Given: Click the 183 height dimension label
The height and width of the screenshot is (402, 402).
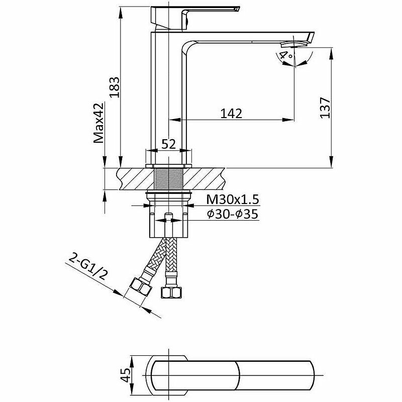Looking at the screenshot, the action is click(115, 87).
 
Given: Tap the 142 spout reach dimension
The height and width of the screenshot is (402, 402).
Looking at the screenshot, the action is click(231, 114).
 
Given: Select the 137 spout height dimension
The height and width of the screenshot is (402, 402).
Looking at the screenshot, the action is click(325, 108).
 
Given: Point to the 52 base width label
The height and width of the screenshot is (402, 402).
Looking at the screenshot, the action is click(168, 144).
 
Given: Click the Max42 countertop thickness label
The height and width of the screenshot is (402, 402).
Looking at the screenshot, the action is click(98, 123).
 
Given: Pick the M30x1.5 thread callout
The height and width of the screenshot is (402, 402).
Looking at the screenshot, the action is click(233, 199).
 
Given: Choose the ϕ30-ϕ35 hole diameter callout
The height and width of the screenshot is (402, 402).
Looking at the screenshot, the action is click(233, 214).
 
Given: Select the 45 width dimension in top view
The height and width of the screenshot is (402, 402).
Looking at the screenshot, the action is click(126, 375).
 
